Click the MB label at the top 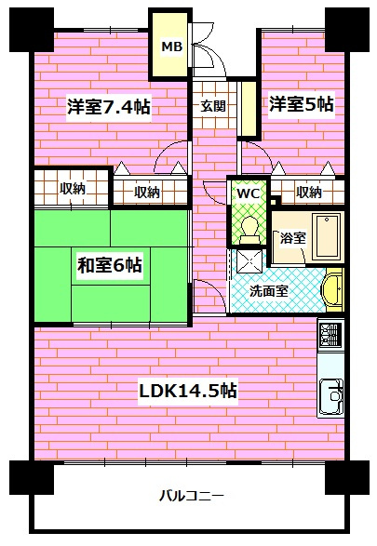172,46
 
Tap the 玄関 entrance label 211,105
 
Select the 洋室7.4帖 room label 109,106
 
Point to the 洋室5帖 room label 302,104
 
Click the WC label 247,193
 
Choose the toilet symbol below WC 247,224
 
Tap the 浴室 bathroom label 292,238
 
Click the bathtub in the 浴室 328,236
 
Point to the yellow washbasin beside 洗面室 334,289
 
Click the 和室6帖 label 109,265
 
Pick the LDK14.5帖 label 188,391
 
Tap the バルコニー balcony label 191,495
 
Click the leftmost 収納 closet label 73,189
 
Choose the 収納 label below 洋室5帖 309,193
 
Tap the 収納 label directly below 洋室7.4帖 146,193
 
